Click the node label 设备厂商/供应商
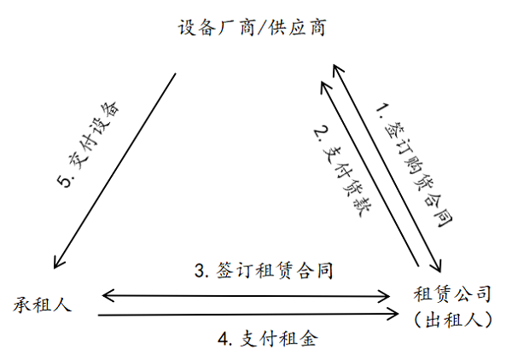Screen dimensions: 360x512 click(x=253, y=27)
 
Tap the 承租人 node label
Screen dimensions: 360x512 click(x=42, y=304)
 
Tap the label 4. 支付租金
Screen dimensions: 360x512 click(x=267, y=339)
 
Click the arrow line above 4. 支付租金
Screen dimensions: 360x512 click(x=247, y=316)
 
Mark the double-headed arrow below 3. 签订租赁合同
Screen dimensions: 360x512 click(x=247, y=296)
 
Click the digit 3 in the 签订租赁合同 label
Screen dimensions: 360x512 click(x=199, y=272)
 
